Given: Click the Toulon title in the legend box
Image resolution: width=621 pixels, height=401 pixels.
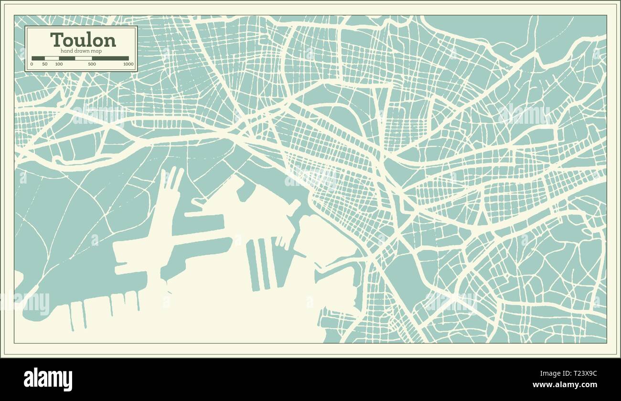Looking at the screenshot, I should pos(83,40).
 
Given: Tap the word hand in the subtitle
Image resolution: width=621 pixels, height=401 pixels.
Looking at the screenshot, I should pos(66,51).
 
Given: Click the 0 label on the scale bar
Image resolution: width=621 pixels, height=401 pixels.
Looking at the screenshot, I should pos(32,64).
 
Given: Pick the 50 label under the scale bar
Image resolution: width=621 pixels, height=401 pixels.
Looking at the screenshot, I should pos(45,64).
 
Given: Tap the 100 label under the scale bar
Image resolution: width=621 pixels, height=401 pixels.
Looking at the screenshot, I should pos(59,64).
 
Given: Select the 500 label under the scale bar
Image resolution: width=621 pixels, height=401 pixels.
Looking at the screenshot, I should pos(92,64).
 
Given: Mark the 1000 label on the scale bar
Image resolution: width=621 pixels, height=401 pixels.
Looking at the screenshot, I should pos(128,64).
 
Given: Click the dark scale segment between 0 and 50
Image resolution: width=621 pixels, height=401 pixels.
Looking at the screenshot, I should pos(38,58).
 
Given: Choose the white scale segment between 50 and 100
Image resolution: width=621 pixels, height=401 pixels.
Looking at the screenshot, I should pos(52,58).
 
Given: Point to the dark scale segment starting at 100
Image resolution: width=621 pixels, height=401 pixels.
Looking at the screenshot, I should pos(67,58).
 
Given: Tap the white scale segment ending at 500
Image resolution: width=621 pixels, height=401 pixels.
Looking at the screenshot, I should pos(84,58).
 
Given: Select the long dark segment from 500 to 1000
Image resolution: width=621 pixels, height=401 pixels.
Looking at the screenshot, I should pos(110,58).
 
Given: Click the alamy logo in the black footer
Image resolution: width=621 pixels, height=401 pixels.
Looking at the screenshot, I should pos(48,379).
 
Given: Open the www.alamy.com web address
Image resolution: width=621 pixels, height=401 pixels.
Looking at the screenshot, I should pos(565,385).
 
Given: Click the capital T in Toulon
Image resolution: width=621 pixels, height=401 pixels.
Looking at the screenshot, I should pos(57,40).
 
